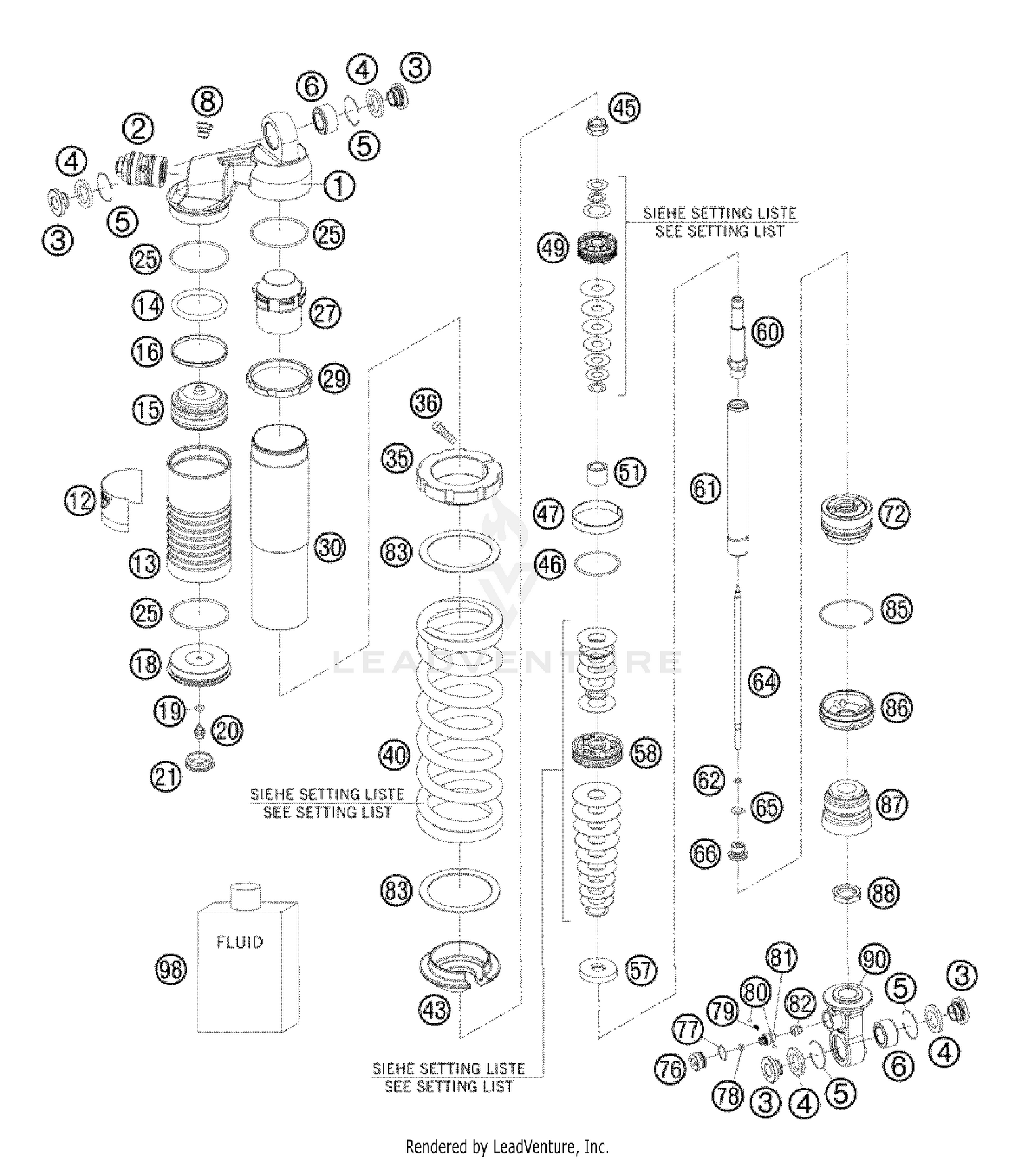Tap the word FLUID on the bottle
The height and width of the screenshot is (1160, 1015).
(240, 942)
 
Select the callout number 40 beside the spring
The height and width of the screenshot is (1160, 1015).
(394, 754)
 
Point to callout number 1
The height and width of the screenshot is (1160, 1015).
(339, 185)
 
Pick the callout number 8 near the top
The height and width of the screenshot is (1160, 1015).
(207, 102)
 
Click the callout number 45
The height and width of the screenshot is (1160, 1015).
(625, 108)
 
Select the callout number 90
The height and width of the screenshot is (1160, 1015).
(874, 959)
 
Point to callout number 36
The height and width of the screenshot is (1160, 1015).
(426, 403)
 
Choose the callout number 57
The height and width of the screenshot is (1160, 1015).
(640, 971)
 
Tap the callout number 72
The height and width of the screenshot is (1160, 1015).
(895, 514)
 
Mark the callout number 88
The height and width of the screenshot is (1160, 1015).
(884, 893)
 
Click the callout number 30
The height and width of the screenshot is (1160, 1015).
(330, 547)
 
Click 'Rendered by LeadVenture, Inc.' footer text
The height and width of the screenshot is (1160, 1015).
(507, 1147)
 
